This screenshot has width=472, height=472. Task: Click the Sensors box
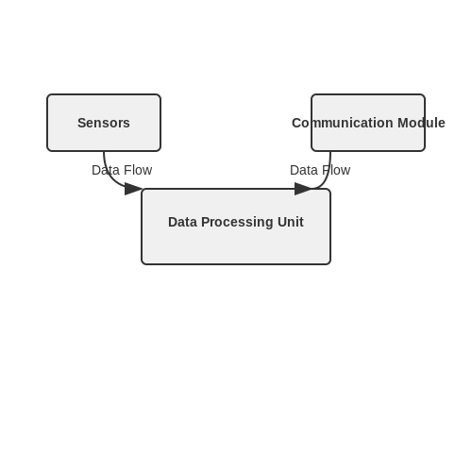(x=104, y=123)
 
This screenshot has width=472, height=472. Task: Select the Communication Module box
(x=368, y=123)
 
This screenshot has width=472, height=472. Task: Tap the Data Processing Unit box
(x=236, y=227)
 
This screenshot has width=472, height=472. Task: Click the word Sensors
(x=104, y=123)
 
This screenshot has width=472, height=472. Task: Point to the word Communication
(x=343, y=123)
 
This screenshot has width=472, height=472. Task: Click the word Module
(x=421, y=123)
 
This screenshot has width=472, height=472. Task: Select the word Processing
(x=237, y=222)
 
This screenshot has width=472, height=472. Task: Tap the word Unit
(x=291, y=222)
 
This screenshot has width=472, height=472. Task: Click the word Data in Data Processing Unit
(x=182, y=222)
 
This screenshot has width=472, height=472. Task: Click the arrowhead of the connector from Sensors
(x=133, y=189)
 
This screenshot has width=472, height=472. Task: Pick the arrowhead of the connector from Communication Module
(x=303, y=189)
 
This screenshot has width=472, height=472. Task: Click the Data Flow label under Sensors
(x=122, y=170)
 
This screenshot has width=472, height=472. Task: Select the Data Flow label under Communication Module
(x=320, y=170)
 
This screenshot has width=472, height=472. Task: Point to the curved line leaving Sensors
(x=110, y=177)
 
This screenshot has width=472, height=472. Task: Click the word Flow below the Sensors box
(x=137, y=170)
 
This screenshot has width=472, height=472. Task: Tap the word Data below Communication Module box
(x=304, y=170)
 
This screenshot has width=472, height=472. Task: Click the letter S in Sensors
(x=81, y=123)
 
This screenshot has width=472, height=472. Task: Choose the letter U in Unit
(x=282, y=222)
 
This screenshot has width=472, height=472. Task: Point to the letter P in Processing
(x=205, y=222)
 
